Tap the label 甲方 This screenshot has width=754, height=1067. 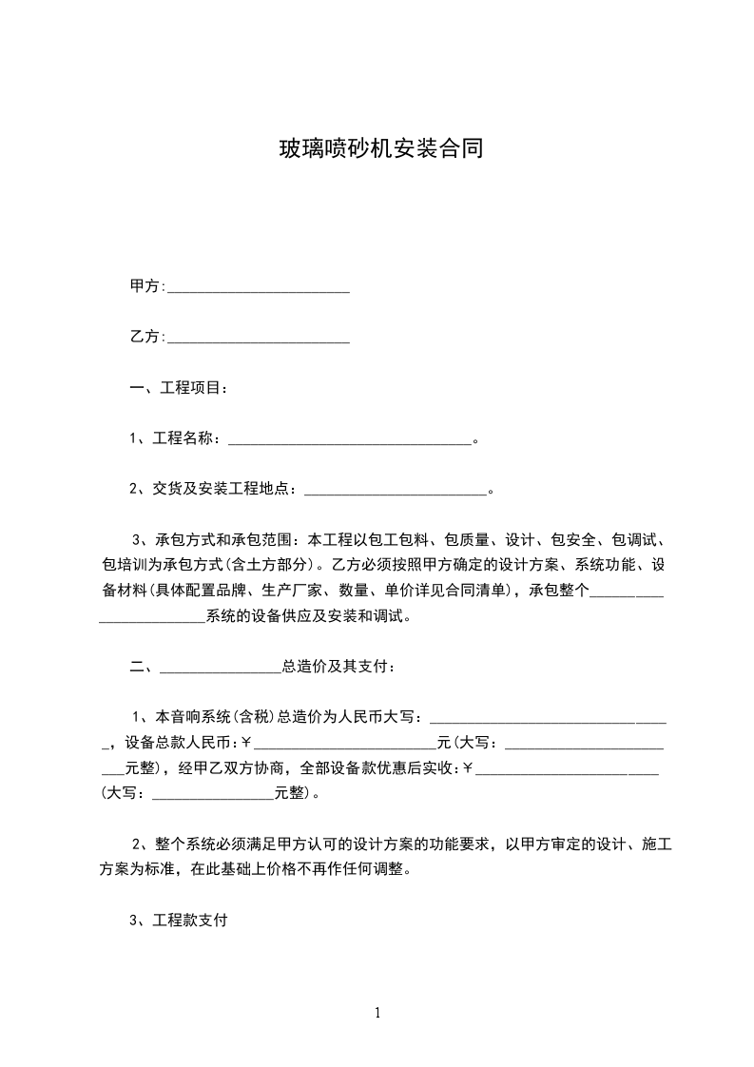pos(145,286)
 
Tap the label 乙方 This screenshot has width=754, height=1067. pos(145,337)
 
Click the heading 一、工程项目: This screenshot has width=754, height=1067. pos(178,388)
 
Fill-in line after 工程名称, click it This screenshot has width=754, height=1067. pos(350,440)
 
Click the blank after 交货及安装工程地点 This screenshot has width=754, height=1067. pos(396,492)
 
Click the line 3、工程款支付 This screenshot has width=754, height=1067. pos(178,921)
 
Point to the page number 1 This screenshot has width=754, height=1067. pos(377,1012)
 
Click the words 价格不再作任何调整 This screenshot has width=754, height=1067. pos(338,869)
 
